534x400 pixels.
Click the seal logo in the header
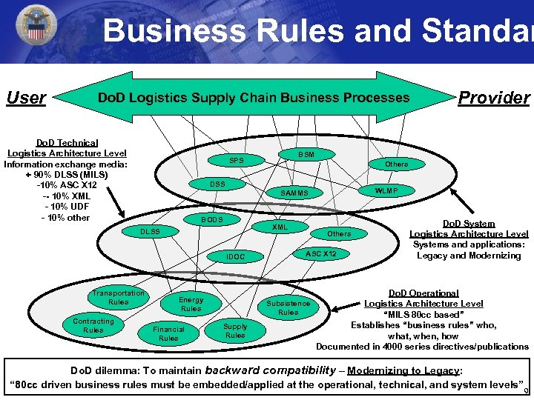(36, 28)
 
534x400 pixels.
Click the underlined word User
(26, 98)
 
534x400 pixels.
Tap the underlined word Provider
(494, 98)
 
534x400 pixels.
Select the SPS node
(237, 161)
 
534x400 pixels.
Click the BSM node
(306, 154)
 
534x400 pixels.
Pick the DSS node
(217, 184)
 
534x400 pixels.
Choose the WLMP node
(386, 190)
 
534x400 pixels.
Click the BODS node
(212, 219)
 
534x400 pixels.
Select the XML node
(280, 227)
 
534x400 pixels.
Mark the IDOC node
(236, 256)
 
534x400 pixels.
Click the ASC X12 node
(321, 253)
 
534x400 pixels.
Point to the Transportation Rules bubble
(118, 297)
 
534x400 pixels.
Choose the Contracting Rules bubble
(93, 325)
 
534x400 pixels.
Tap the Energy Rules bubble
(191, 304)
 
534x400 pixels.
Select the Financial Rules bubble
(168, 333)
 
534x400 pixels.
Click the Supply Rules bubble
(235, 330)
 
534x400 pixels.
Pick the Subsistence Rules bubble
(289, 307)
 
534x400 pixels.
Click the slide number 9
(525, 390)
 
